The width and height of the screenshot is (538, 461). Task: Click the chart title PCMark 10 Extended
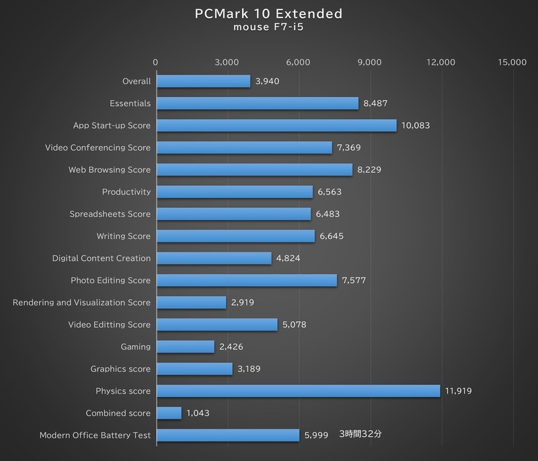coord(269,14)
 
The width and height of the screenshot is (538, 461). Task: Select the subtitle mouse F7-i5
coord(269,29)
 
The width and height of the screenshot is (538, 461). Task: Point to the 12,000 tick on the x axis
coord(441,62)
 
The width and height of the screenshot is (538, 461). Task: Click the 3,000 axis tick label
coord(227,62)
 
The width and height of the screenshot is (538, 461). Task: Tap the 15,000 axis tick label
coord(512,62)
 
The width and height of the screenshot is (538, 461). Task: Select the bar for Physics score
coord(298,391)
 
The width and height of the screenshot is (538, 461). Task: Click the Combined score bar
coord(169,413)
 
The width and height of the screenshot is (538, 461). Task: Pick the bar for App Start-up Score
coord(276,126)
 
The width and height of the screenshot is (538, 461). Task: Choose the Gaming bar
coord(185,347)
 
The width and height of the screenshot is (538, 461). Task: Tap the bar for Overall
coord(203,81)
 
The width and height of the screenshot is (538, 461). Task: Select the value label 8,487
coord(375,104)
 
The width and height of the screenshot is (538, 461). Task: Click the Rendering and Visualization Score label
coord(82,302)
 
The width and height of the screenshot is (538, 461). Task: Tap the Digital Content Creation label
coord(102,258)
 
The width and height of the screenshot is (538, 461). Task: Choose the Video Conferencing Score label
coord(98,147)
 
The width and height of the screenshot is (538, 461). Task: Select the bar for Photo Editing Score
coord(246,281)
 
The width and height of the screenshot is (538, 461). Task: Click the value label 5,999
coord(316,435)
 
